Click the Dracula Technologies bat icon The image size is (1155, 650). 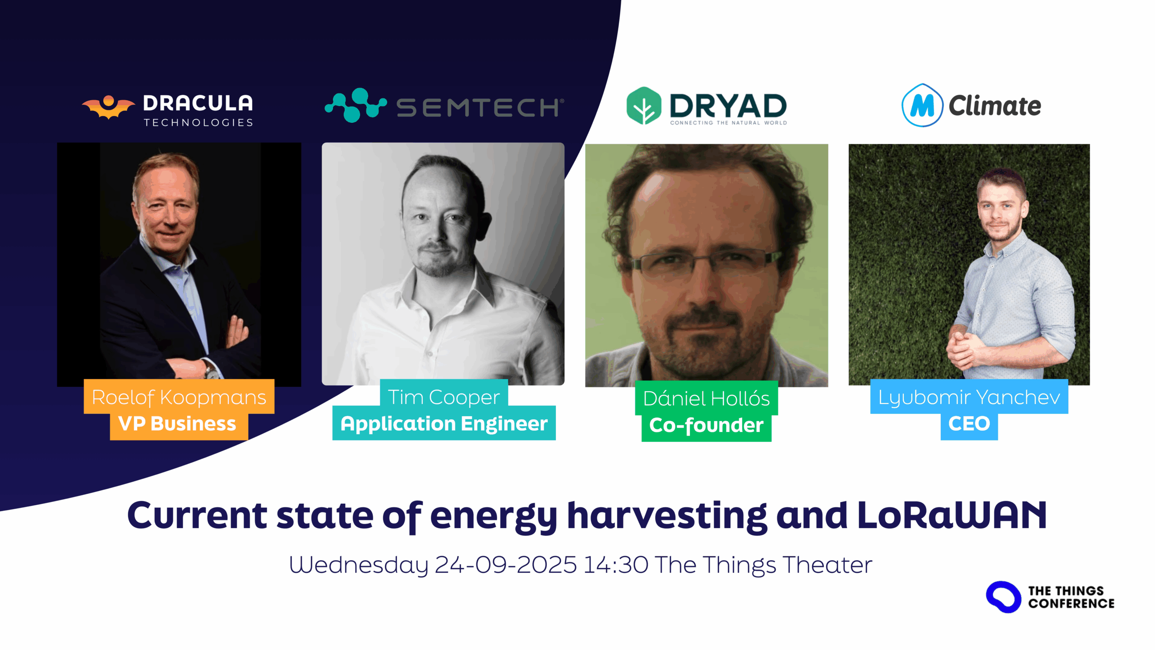tap(108, 107)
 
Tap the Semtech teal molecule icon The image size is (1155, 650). tap(356, 105)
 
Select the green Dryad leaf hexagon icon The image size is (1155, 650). tap(644, 106)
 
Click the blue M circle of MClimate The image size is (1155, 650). tap(922, 106)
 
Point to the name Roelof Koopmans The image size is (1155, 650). tap(179, 397)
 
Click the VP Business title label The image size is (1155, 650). tap(177, 423)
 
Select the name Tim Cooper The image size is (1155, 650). tap(444, 397)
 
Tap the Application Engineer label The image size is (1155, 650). tap(444, 424)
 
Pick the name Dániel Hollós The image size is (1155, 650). tap(707, 398)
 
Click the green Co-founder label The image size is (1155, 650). tap(707, 425)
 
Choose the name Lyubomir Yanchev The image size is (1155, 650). tap(969, 397)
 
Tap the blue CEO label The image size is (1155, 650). tap(969, 423)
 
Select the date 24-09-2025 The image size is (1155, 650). tap(506, 565)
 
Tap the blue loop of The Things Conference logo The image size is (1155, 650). tap(1003, 597)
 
